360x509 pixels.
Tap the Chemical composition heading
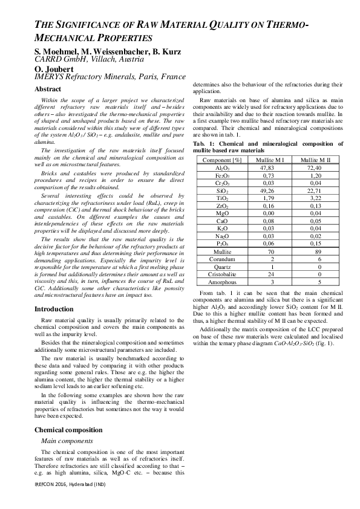[68, 430]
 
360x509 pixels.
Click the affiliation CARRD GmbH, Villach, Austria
[89, 59]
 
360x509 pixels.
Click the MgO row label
[221, 213]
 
